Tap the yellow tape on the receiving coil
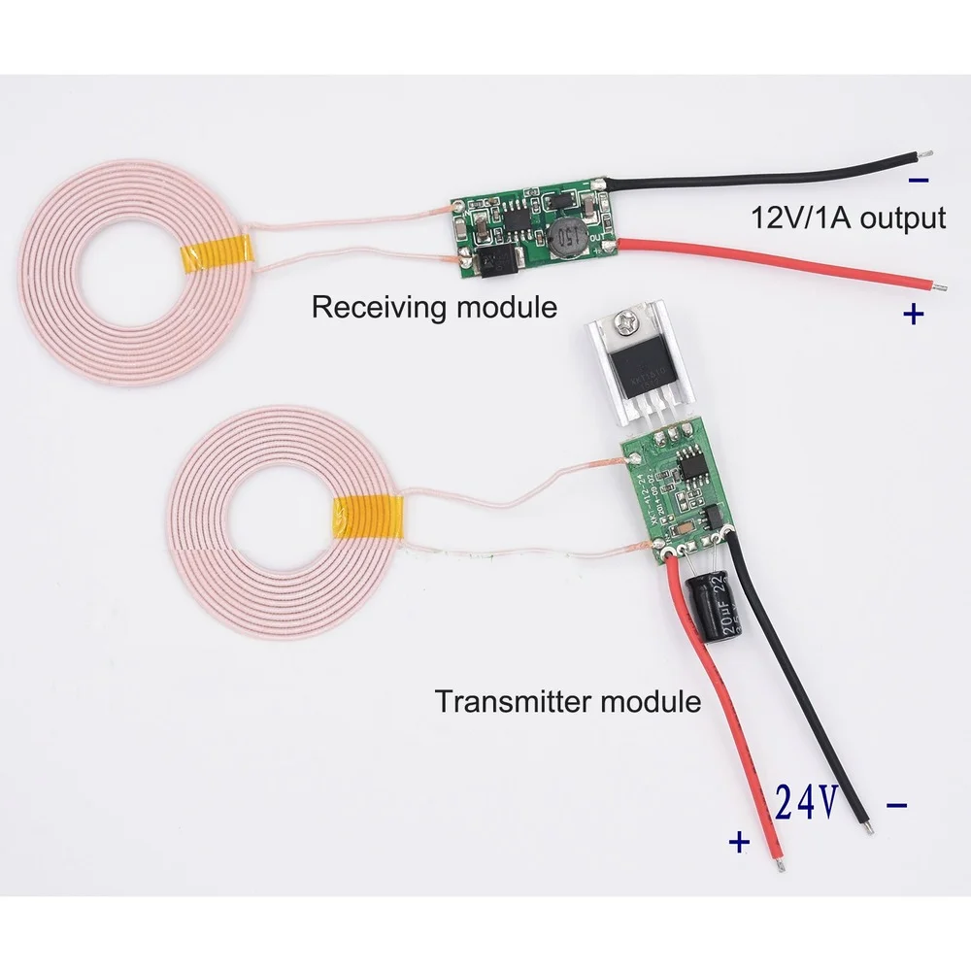coord(218,254)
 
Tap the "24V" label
coord(807,803)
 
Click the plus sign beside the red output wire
coord(914,314)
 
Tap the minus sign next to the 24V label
coord(898,805)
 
